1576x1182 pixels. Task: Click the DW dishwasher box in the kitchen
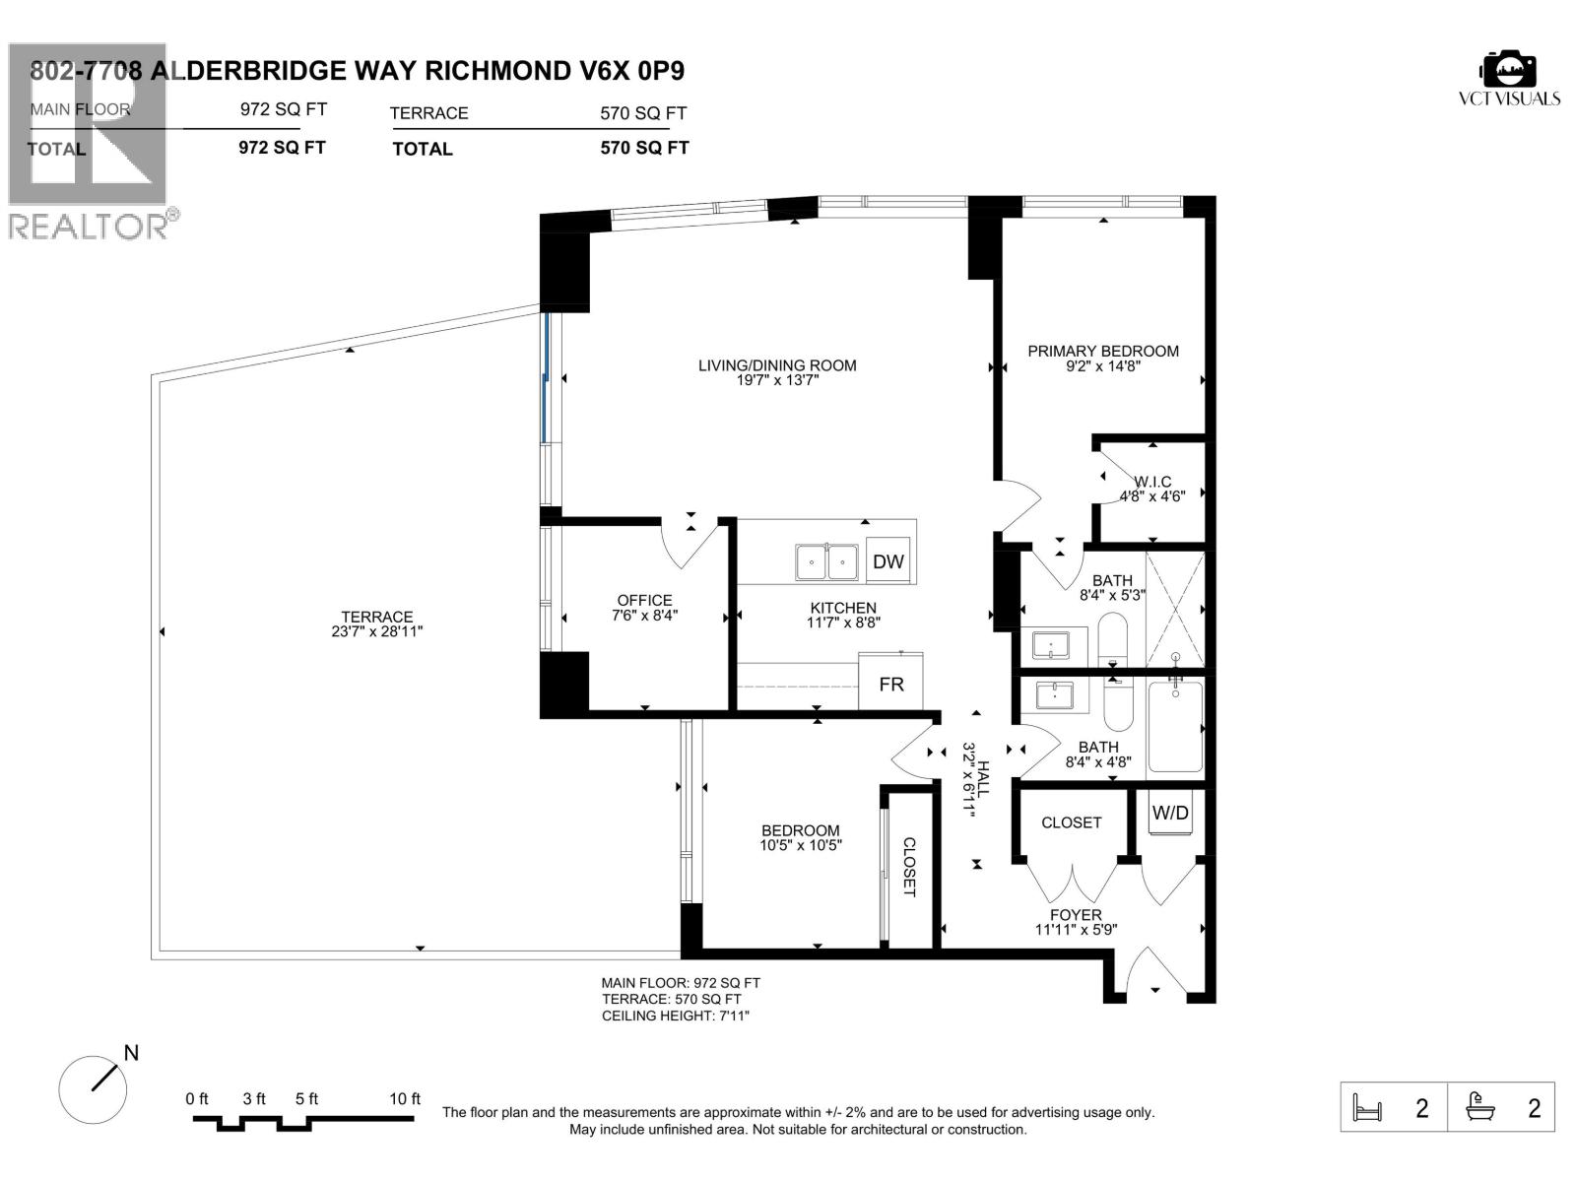tap(887, 561)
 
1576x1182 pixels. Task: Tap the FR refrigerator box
tap(890, 683)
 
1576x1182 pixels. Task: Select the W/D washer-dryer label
tap(1170, 814)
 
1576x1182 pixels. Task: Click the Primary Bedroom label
tap(1102, 351)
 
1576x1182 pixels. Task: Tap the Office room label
tap(644, 600)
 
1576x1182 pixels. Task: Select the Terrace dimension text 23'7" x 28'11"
tap(377, 632)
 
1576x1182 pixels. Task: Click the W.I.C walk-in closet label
tap(1152, 482)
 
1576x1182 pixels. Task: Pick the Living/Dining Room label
tap(777, 365)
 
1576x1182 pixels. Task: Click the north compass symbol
tap(95, 1086)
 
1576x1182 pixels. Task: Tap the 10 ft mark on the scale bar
tap(405, 1099)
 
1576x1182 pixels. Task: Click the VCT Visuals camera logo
tap(1508, 69)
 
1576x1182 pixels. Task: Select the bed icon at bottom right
tap(1369, 1108)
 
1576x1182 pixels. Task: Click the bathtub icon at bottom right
tap(1479, 1108)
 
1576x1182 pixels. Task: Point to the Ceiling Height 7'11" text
tap(676, 1016)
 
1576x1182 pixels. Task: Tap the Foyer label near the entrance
tap(1076, 915)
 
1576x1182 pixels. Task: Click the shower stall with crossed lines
tap(1175, 610)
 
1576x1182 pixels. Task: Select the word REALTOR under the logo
tap(89, 227)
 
